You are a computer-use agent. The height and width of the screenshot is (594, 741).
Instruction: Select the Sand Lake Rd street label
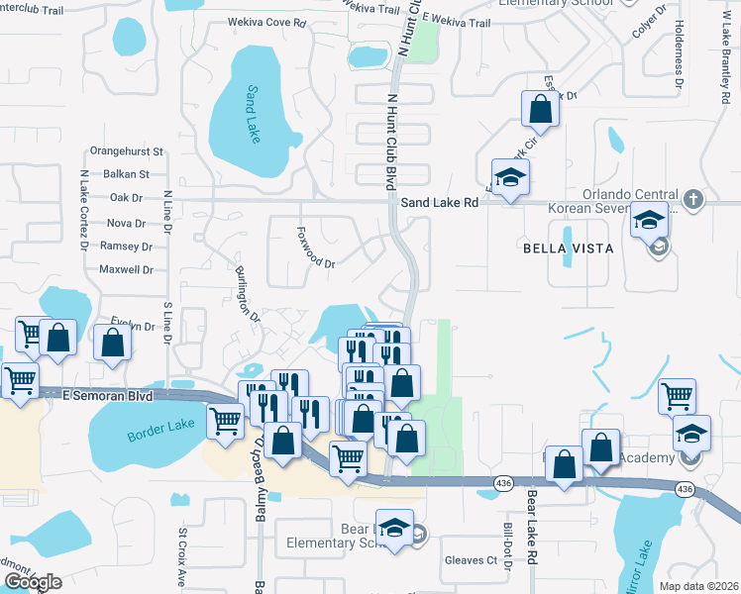click(x=440, y=202)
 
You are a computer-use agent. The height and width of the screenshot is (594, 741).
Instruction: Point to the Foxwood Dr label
click(x=316, y=248)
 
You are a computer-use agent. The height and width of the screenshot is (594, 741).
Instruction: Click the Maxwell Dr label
click(x=126, y=269)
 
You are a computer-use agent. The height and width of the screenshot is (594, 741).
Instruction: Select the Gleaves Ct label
click(x=471, y=560)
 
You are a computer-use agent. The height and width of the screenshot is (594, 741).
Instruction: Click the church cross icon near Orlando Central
click(x=693, y=199)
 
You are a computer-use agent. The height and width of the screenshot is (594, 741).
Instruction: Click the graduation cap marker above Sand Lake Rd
click(x=511, y=178)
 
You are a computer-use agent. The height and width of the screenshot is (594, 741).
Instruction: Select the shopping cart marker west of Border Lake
click(x=19, y=379)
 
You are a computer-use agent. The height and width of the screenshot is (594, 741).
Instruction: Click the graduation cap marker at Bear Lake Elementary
click(x=394, y=529)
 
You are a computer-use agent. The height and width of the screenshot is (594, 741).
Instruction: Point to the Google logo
click(x=33, y=582)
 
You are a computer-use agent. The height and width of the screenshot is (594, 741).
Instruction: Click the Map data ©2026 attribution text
click(x=698, y=586)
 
